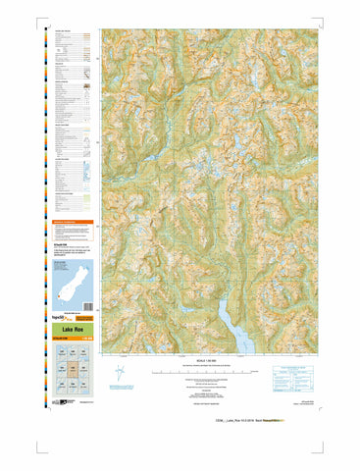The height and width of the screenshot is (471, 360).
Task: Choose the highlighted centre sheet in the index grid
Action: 72,370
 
